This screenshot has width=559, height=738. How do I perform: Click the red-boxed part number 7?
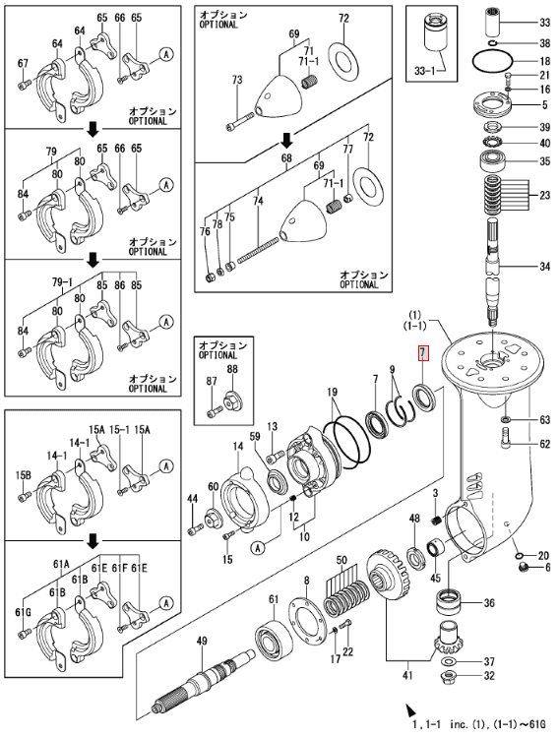click(x=422, y=352)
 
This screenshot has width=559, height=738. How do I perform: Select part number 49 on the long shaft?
click(x=202, y=641)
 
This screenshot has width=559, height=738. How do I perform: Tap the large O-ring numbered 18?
click(x=493, y=61)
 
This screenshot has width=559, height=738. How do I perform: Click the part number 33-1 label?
click(x=426, y=71)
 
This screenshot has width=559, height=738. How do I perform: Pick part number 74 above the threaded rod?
click(x=258, y=201)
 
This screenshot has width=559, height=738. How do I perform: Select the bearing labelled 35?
click(x=493, y=162)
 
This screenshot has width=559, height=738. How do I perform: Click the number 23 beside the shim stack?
click(x=545, y=195)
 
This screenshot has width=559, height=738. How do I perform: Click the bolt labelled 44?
click(x=195, y=530)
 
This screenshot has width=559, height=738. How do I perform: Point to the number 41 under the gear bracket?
click(x=407, y=675)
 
